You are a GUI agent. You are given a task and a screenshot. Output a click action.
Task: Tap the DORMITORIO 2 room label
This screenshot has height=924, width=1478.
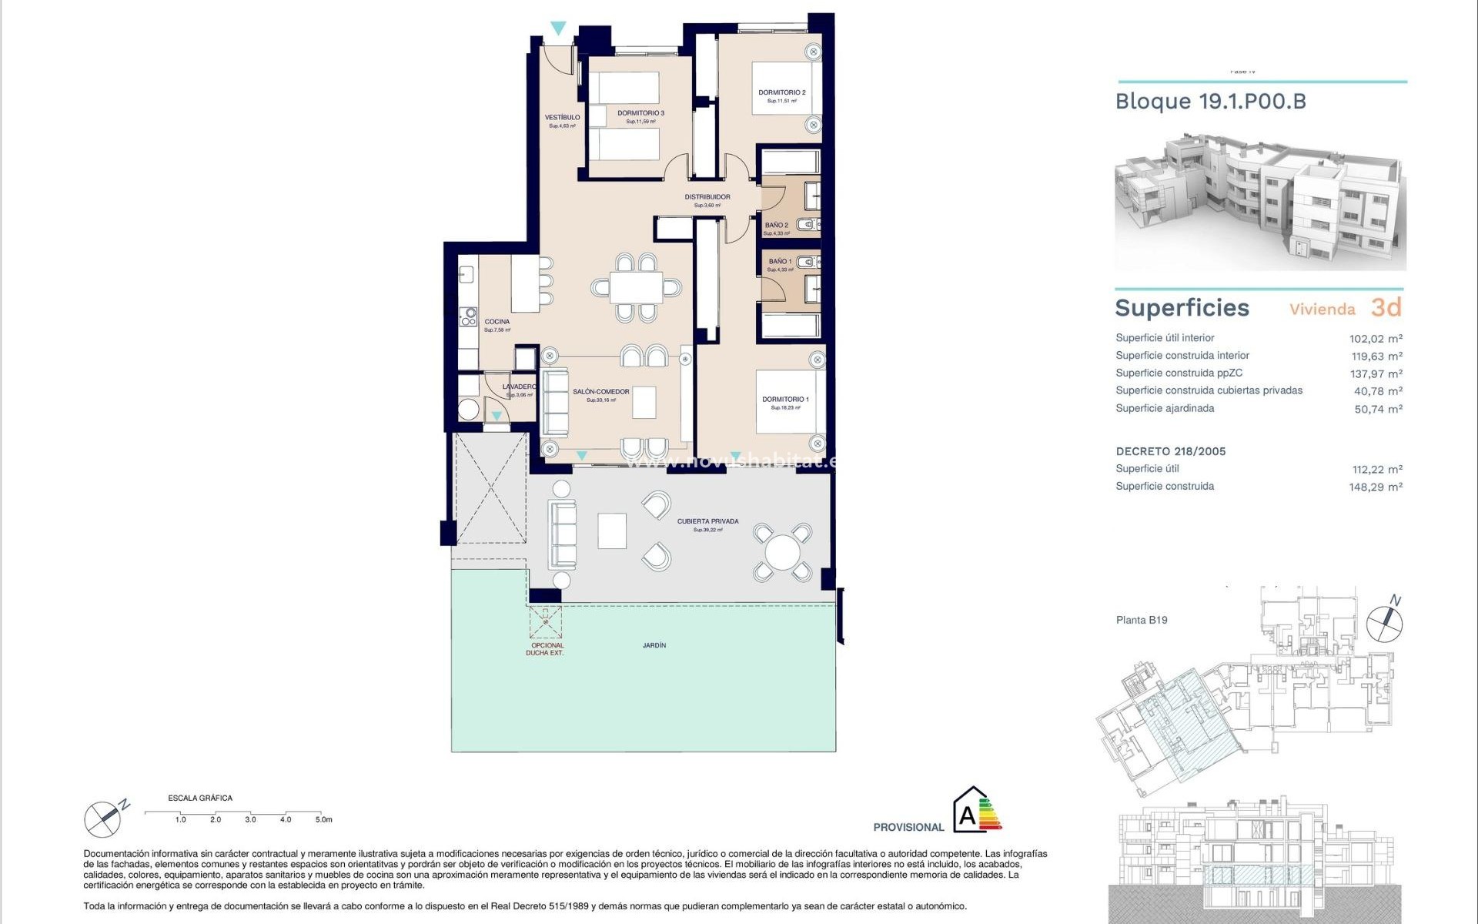[x=781, y=92]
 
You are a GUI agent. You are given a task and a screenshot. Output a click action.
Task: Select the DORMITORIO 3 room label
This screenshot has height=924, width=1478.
[x=640, y=113]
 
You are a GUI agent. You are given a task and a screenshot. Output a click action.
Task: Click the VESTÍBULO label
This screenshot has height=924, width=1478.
[x=562, y=118]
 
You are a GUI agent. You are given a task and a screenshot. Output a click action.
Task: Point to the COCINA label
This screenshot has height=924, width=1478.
[x=497, y=322]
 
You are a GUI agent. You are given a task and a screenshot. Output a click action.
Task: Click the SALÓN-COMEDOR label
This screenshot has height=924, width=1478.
[x=600, y=392]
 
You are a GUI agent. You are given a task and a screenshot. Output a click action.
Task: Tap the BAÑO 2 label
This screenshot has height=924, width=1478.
[x=776, y=226]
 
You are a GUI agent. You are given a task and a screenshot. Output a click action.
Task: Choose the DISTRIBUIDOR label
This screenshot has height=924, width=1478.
[x=707, y=197]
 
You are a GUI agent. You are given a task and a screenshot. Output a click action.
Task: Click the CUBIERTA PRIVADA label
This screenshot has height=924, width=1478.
[x=707, y=521]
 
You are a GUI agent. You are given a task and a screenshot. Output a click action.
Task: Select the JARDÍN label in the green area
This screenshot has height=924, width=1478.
[x=654, y=645]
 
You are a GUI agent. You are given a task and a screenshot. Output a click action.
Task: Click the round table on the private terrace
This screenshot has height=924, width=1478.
[x=782, y=552]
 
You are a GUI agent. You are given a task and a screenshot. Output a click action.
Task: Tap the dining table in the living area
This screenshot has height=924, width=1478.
[x=636, y=288]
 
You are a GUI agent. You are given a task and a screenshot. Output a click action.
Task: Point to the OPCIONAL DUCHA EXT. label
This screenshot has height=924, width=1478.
[x=546, y=649]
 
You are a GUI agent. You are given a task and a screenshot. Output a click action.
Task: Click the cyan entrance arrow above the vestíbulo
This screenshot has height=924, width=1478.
[x=558, y=28]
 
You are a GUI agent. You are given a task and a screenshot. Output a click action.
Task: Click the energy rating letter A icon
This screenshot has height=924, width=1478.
[x=967, y=815]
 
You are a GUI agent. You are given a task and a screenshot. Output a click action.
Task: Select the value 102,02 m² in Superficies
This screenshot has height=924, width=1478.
[x=1375, y=339]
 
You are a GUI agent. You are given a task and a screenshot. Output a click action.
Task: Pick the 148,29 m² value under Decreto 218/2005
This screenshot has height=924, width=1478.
[x=1375, y=487]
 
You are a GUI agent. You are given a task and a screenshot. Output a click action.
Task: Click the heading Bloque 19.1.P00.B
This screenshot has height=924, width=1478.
[x=1210, y=102]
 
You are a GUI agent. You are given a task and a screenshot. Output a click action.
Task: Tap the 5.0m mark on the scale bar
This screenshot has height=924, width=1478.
[x=323, y=820]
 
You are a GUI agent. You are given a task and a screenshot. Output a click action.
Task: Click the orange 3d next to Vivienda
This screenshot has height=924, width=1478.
[x=1386, y=307]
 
